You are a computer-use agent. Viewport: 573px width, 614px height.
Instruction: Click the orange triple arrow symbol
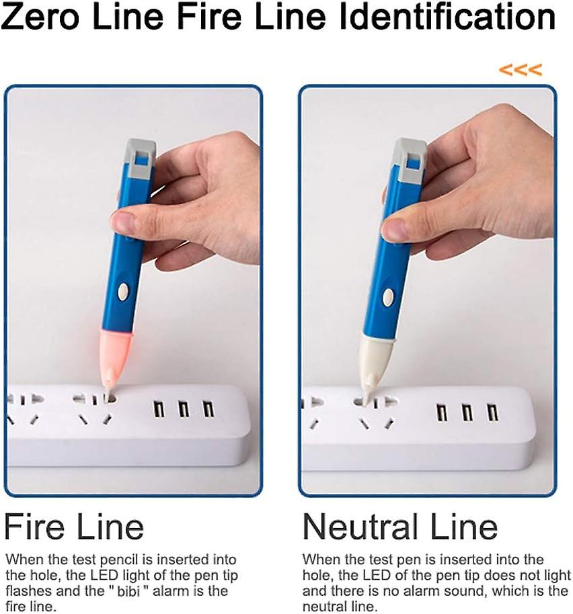coord(520,69)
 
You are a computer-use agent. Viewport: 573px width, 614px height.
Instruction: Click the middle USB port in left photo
coord(183,408)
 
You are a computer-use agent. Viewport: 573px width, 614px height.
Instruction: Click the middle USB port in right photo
coord(467,412)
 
